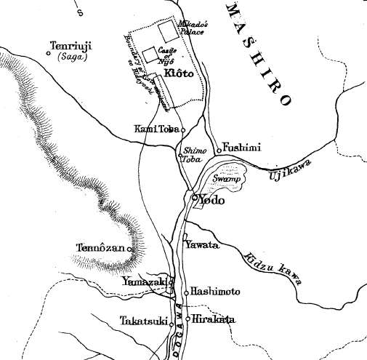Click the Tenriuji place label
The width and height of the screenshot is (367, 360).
tap(66, 46)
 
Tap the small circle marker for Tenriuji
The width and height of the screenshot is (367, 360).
tap(48, 53)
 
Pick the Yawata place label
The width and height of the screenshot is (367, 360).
tap(204, 245)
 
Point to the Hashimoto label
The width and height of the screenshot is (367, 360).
tap(215, 292)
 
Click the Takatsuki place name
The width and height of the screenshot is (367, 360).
tap(143, 319)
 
